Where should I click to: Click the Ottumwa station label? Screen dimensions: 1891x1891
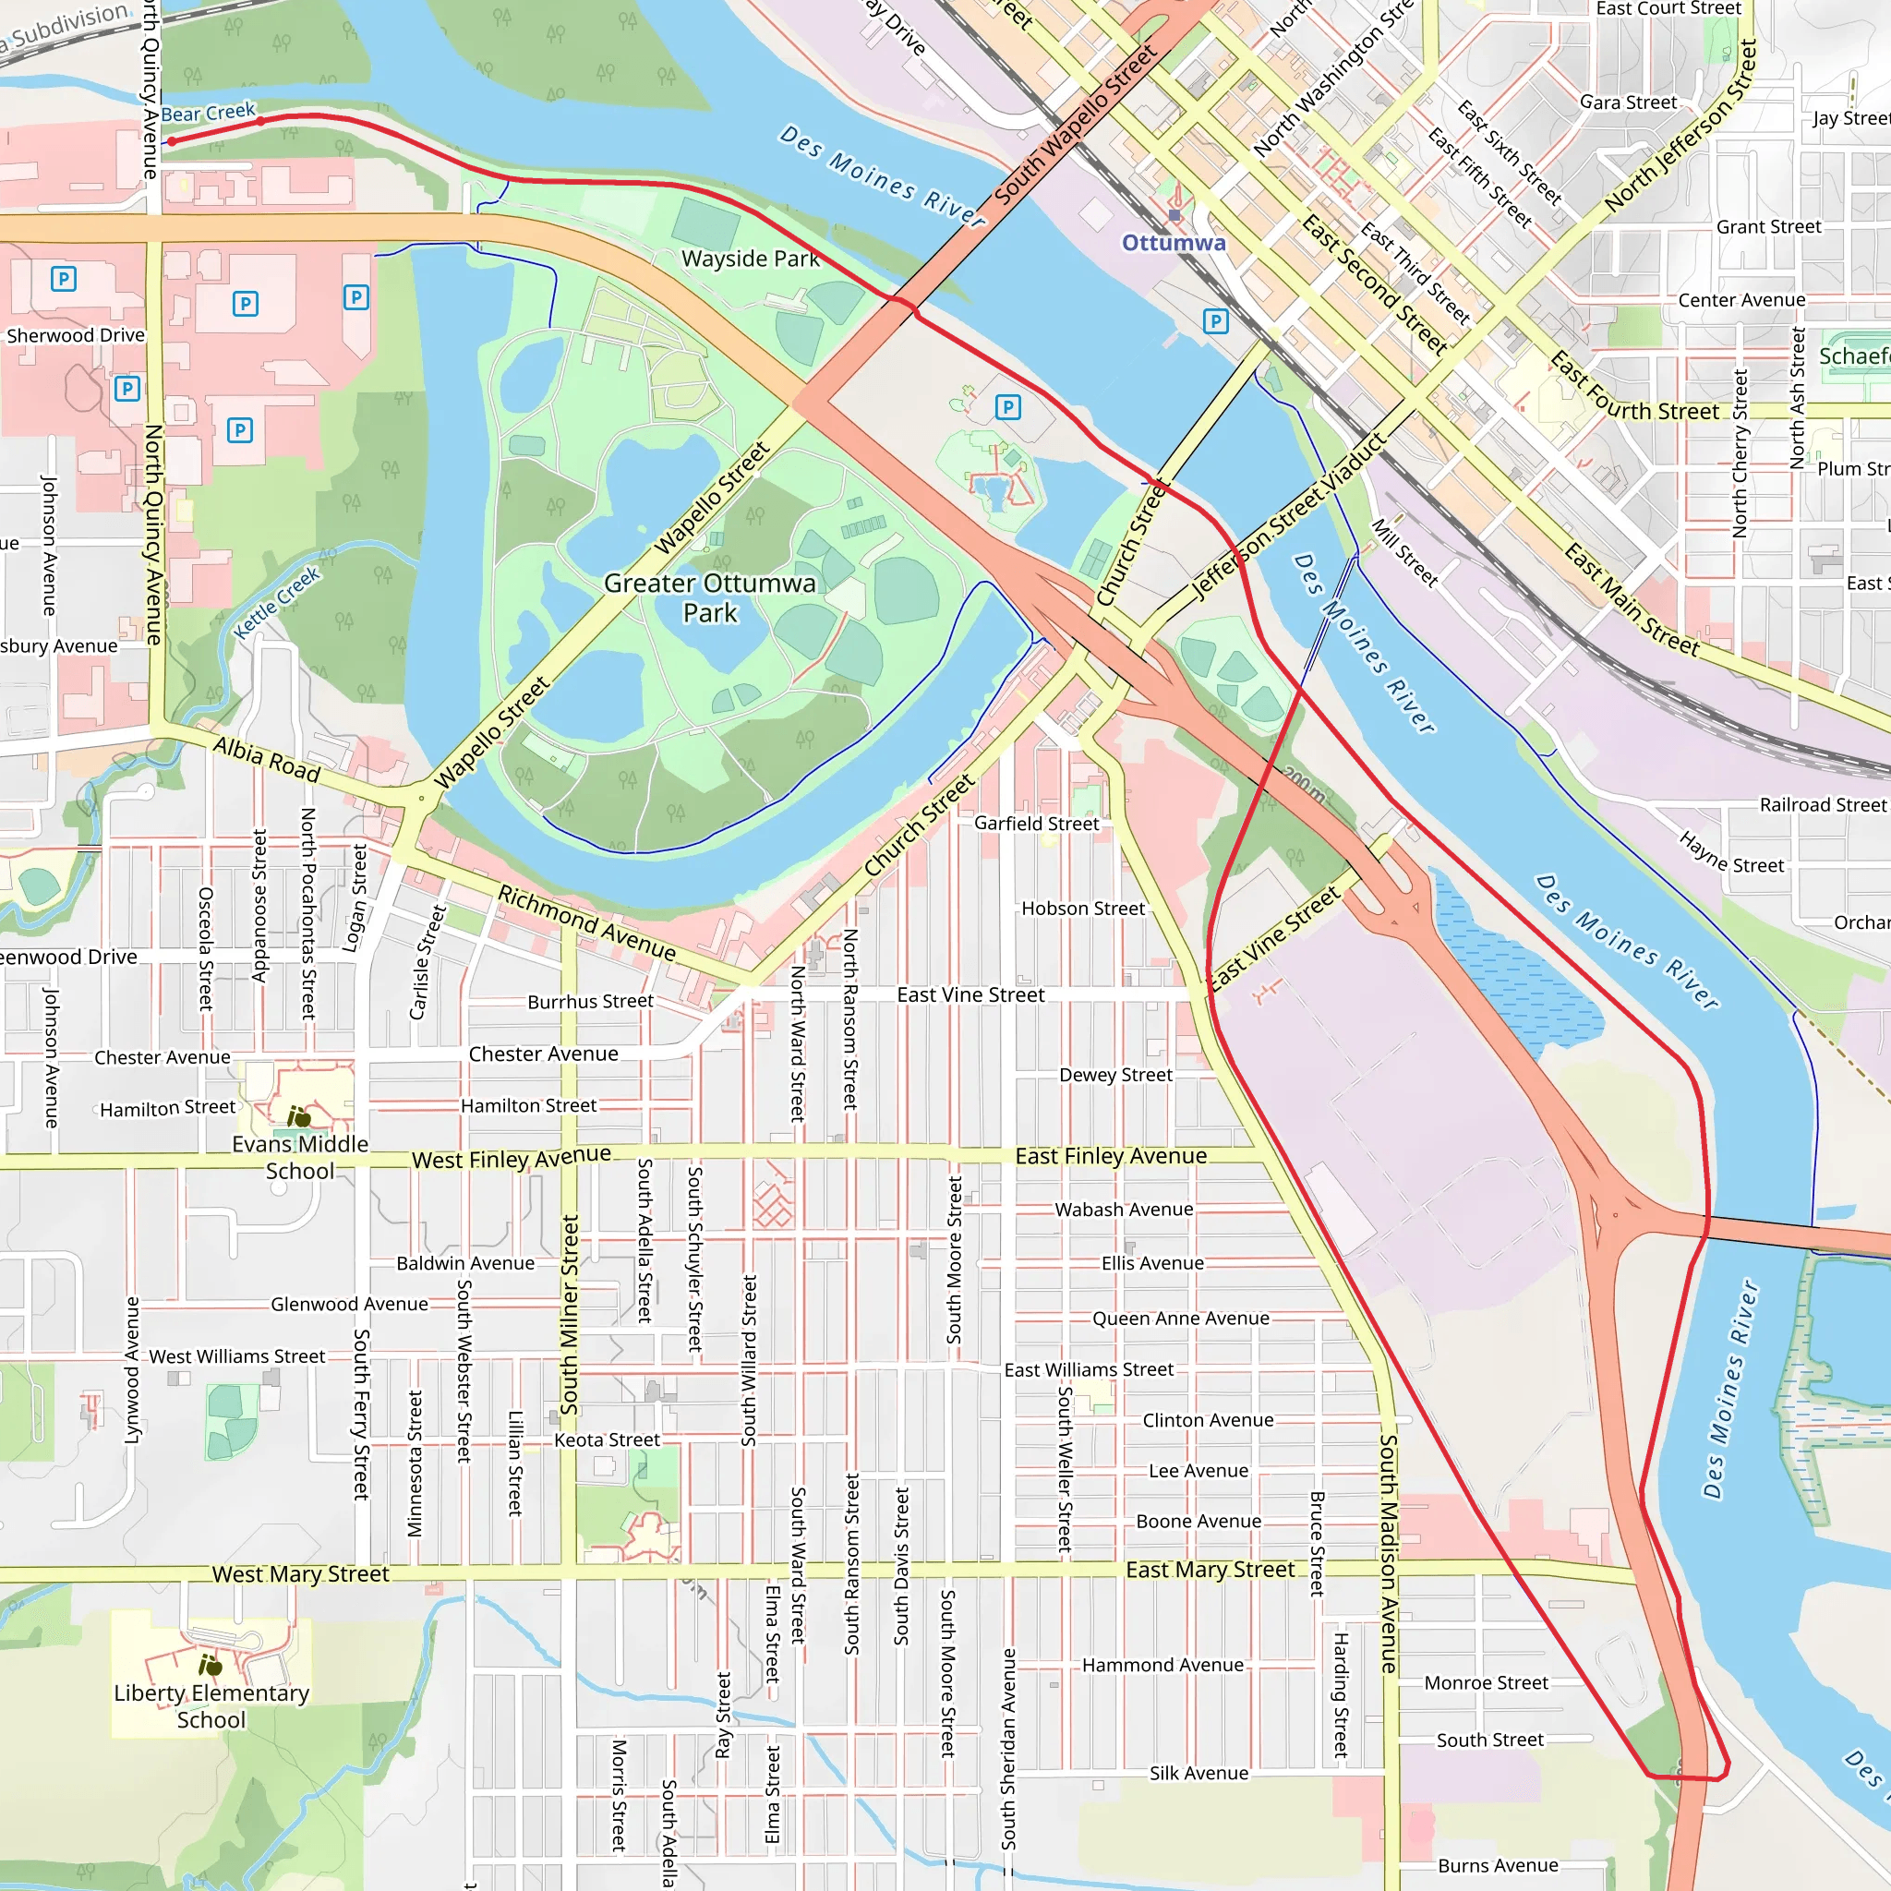click(1173, 242)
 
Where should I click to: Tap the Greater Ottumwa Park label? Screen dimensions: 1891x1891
click(710, 597)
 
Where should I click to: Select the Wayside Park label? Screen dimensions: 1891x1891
click(750, 259)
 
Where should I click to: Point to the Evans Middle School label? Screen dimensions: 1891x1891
click(299, 1157)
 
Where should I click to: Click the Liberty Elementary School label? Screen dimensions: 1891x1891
click(211, 1706)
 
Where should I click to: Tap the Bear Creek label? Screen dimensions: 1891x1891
click(208, 113)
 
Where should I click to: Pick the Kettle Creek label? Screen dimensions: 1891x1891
click(277, 603)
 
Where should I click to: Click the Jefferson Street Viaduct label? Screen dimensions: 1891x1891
click(1288, 517)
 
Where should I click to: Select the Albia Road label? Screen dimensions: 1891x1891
click(266, 761)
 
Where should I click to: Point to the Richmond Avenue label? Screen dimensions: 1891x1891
click(586, 922)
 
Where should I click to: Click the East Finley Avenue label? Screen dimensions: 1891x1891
click(1110, 1156)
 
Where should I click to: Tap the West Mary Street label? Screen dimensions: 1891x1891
click(300, 1574)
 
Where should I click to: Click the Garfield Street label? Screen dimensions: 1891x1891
click(1036, 823)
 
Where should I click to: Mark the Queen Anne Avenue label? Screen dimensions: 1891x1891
click(1180, 1319)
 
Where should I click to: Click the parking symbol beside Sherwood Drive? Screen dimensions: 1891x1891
click(126, 389)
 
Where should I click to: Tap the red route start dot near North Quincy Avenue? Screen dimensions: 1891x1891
click(173, 141)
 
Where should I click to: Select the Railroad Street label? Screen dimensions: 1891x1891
click(1822, 804)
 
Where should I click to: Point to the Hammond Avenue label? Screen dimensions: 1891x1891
click(1162, 1665)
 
